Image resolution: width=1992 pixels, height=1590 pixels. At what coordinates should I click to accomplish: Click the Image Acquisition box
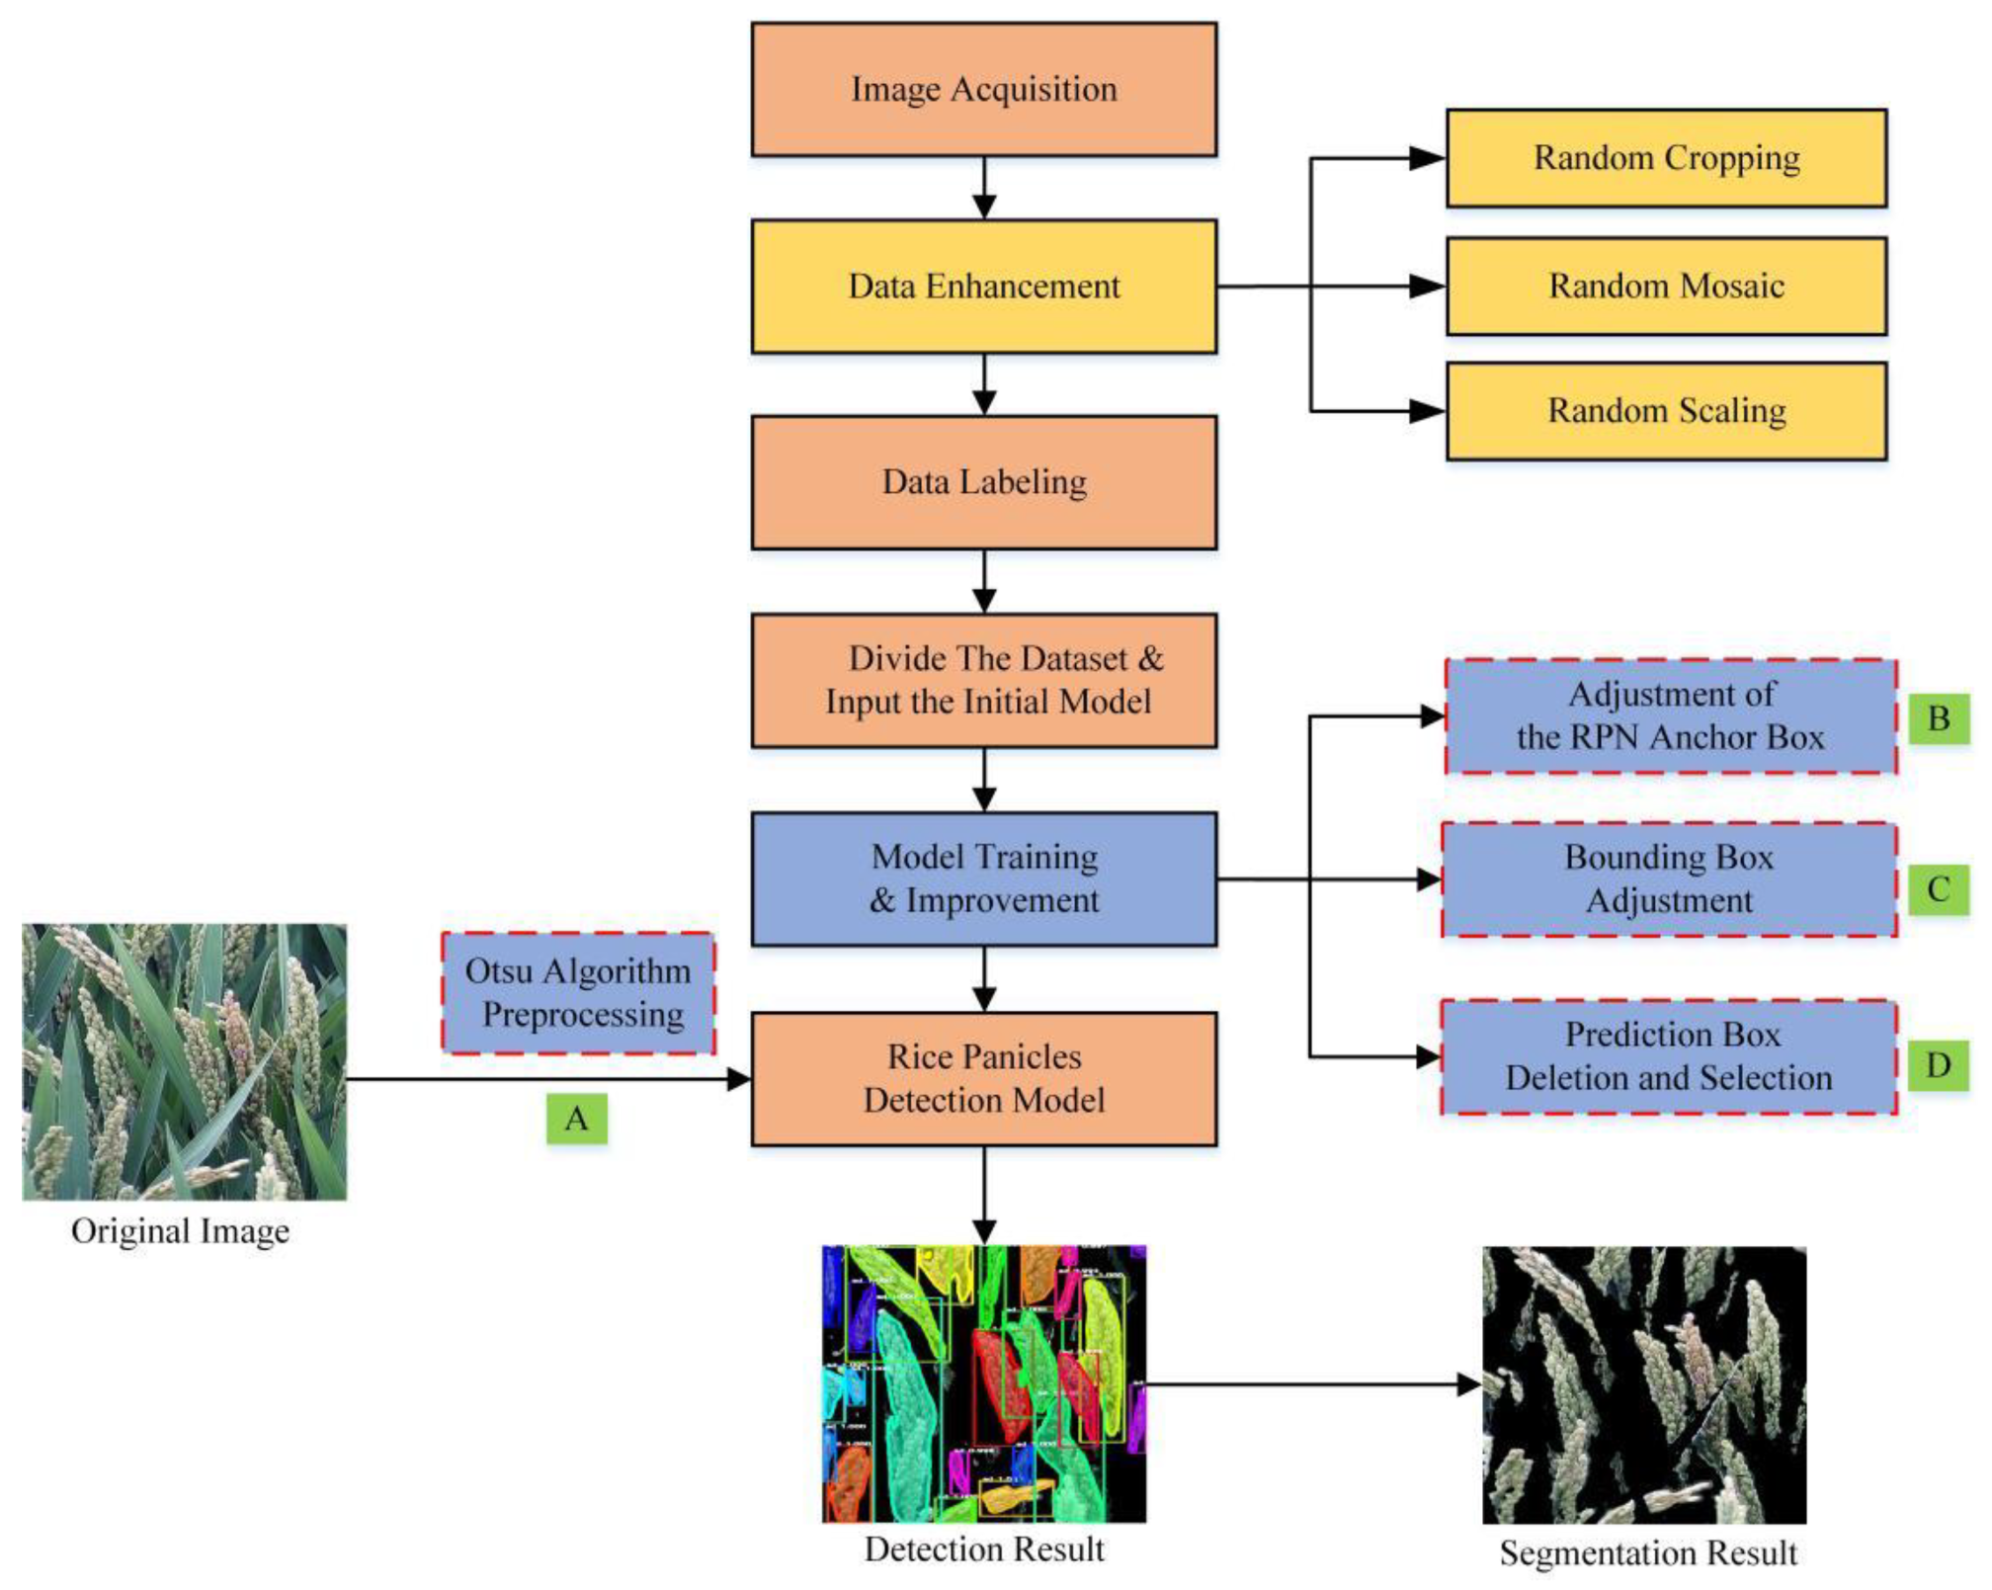(x=983, y=89)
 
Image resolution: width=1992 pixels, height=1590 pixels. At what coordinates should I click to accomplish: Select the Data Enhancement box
(x=983, y=286)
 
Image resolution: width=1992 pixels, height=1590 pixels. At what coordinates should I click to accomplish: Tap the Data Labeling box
(x=983, y=482)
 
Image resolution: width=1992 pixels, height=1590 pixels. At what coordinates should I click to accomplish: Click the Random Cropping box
(x=1666, y=158)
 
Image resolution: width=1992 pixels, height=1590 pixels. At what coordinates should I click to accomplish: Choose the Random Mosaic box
(x=1666, y=286)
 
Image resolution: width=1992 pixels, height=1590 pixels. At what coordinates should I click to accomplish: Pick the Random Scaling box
(x=1666, y=410)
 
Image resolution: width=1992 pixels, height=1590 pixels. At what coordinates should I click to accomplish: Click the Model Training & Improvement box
(x=983, y=879)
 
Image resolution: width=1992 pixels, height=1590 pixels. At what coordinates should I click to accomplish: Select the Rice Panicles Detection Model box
(x=983, y=1078)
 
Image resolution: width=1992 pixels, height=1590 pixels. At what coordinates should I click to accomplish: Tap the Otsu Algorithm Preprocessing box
(x=578, y=992)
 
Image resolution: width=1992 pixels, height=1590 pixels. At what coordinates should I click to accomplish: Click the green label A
(x=576, y=1119)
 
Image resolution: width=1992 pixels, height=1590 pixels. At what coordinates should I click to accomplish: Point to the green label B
(x=1938, y=718)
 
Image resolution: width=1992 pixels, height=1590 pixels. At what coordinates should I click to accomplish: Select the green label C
(x=1938, y=888)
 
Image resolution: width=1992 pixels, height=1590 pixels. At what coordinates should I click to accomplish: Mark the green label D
(x=1938, y=1064)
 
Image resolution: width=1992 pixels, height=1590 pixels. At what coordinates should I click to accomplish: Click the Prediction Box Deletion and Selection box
(x=1668, y=1056)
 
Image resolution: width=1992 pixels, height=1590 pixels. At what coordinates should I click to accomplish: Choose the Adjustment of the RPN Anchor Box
(x=1670, y=715)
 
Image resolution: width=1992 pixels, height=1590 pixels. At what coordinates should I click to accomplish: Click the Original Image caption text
(x=180, y=1231)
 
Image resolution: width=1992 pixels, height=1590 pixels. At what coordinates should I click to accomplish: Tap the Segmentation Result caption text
(x=1647, y=1552)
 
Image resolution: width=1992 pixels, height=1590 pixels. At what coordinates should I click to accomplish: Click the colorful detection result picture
(x=983, y=1383)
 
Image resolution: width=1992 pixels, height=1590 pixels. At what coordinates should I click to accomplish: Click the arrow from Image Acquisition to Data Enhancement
(x=984, y=188)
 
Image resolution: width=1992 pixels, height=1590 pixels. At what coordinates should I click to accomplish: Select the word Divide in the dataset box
(x=896, y=658)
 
